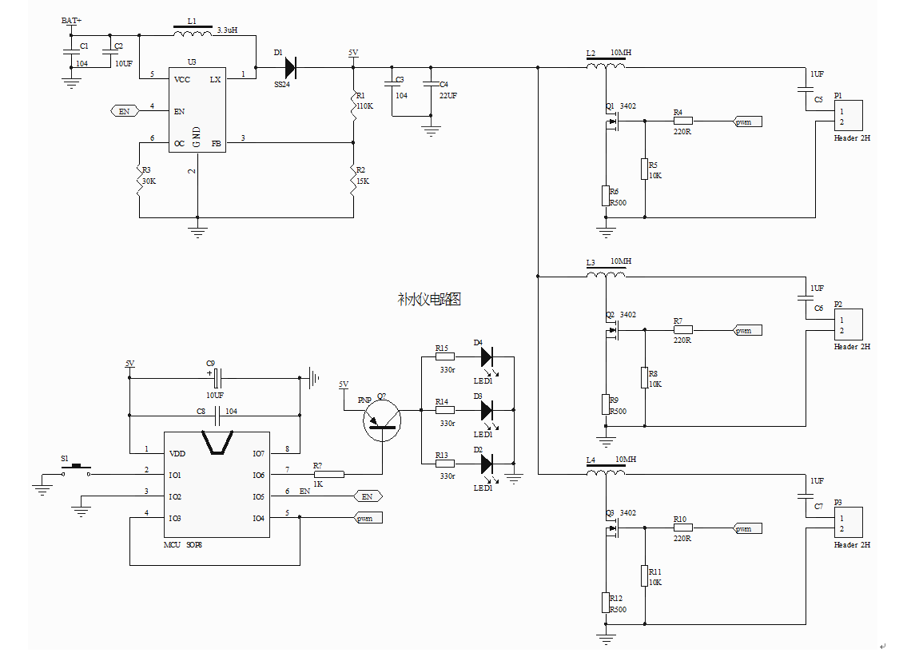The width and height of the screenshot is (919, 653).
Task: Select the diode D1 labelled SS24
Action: point(288,68)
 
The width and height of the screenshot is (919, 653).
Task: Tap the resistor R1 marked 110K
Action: point(353,105)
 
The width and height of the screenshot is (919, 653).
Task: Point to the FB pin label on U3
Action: point(216,144)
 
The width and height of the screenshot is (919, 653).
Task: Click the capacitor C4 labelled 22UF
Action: point(432,84)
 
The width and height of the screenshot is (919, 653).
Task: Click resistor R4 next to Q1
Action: point(682,122)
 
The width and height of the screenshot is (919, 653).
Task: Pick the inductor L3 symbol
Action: point(606,277)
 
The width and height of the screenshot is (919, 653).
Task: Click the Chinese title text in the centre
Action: point(429,299)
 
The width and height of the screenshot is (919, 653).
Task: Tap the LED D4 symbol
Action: point(486,357)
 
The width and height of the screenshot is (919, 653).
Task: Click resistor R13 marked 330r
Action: point(444,464)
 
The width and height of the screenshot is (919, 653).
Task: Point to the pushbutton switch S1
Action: point(77,471)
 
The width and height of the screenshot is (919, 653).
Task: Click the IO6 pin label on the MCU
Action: point(258,475)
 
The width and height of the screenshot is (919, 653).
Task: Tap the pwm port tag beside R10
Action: point(748,528)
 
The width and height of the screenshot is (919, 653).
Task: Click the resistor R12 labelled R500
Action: point(606,602)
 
